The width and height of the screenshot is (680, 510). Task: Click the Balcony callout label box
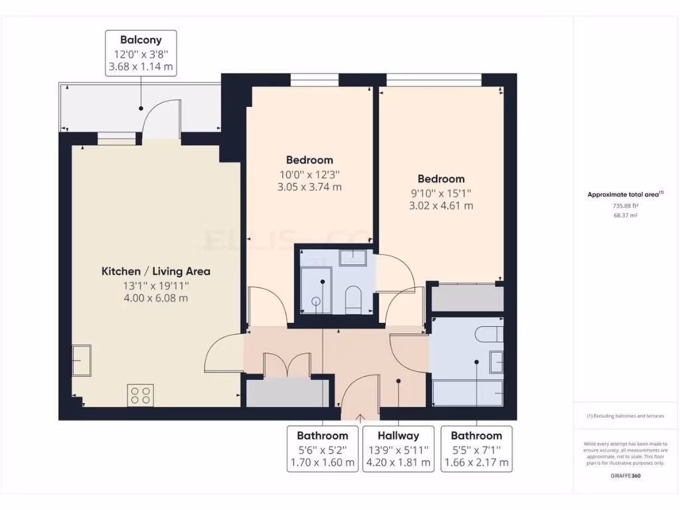click(x=140, y=52)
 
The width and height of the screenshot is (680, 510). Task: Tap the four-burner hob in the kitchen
click(x=141, y=394)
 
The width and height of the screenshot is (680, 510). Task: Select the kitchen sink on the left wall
click(x=82, y=361)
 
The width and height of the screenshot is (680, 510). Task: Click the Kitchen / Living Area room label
click(x=155, y=271)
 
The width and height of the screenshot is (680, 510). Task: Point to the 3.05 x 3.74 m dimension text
click(x=309, y=187)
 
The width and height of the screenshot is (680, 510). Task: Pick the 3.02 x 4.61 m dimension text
click(x=441, y=205)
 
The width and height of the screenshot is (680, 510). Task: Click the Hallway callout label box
click(x=398, y=448)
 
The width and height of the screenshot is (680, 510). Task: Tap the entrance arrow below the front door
click(x=360, y=418)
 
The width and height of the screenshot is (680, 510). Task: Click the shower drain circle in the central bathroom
click(x=316, y=301)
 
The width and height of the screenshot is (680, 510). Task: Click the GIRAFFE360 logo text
click(x=625, y=475)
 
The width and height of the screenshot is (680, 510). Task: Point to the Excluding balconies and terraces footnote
click(x=625, y=416)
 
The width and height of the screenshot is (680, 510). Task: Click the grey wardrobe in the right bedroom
click(x=467, y=298)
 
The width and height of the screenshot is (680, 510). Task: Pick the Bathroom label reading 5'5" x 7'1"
click(x=476, y=448)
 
